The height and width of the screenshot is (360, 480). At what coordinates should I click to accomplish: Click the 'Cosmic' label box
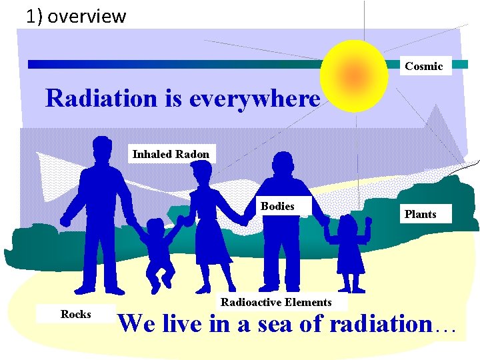coord(424,66)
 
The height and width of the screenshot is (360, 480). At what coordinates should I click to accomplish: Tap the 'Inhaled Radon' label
coord(171,154)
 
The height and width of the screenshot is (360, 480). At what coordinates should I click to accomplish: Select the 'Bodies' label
coord(277,207)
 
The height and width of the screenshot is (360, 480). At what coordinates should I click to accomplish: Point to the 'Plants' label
coord(420,214)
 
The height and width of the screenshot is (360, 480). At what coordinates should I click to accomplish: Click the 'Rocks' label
coord(76,314)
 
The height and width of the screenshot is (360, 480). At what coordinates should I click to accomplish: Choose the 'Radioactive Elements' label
coord(276,302)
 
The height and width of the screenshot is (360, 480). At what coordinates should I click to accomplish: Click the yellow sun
coord(354,75)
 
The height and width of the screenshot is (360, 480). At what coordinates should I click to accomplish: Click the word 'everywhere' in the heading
coord(254,99)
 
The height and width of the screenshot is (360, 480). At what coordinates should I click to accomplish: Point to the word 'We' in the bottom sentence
coord(138,324)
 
